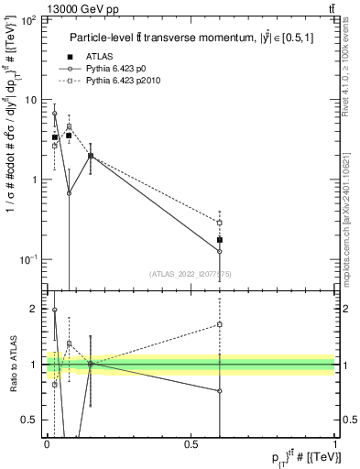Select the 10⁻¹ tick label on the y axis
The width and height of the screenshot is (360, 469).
pyautogui.click(x=27, y=259)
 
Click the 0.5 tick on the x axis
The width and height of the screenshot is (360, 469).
pyautogui.click(x=191, y=444)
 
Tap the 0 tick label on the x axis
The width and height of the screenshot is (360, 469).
pyautogui.click(x=47, y=444)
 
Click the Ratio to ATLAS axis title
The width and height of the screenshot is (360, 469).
pyautogui.click(x=11, y=365)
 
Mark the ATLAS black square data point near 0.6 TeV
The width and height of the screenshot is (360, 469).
pyautogui.click(x=220, y=240)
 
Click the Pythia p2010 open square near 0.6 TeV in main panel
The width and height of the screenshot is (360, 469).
pyautogui.click(x=220, y=222)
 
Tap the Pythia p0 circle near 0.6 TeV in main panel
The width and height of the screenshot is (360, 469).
pyautogui.click(x=220, y=251)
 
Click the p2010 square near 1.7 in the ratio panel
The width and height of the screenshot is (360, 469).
pyautogui.click(x=220, y=324)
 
